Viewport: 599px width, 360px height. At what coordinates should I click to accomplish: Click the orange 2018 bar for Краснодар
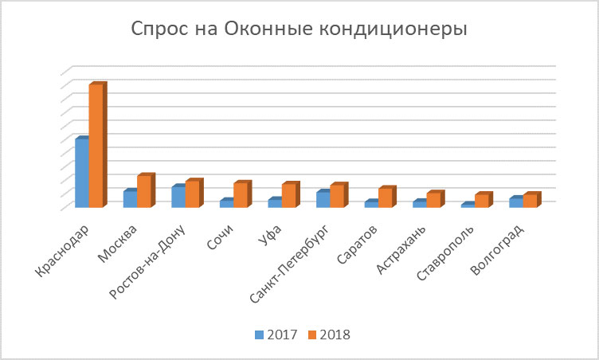(95, 147)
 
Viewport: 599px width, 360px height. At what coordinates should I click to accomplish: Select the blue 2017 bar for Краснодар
(81, 174)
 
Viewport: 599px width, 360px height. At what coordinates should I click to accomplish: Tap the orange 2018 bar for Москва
(143, 192)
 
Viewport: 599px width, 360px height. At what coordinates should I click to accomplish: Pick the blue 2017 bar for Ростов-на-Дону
(178, 198)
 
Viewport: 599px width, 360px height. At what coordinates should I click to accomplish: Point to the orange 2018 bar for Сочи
(240, 196)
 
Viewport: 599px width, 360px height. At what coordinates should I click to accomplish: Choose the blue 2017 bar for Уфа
(274, 204)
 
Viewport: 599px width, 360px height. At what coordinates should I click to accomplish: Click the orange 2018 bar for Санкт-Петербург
(336, 197)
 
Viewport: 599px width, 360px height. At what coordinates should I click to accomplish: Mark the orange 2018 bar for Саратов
(385, 198)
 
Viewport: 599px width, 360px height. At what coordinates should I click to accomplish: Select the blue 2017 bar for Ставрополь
(467, 206)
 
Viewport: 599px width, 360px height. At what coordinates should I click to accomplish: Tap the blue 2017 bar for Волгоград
(515, 202)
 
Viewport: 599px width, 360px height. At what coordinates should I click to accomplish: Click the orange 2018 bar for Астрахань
(433, 201)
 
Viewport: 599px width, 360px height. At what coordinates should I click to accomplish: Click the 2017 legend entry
(277, 335)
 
